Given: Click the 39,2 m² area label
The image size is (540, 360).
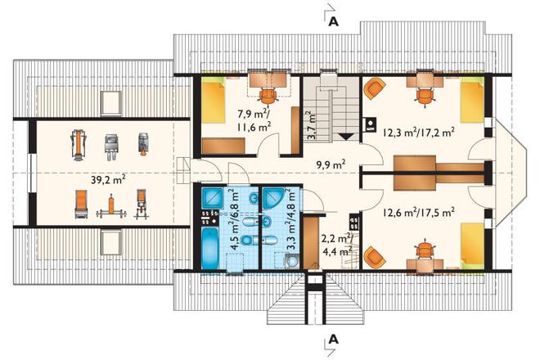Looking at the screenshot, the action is (108, 179).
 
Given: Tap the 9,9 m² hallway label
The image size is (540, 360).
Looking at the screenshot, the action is (331, 164).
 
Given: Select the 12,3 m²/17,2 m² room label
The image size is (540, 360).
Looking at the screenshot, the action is (418, 132).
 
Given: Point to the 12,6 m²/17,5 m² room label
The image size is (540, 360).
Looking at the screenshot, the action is (418, 212).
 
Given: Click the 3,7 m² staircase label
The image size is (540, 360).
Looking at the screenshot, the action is (311, 125).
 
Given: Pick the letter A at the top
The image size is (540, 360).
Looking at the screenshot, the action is (333, 21).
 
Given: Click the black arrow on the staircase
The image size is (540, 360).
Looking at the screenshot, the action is (346, 137).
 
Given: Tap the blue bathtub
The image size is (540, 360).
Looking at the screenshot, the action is (209, 248).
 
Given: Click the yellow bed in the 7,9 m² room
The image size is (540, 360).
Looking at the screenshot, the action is (214, 101).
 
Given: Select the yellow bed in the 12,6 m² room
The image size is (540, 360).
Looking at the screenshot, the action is (473, 245).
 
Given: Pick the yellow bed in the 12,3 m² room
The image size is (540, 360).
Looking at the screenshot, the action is (473, 100).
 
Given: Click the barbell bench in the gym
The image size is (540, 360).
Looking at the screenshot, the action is (111, 207).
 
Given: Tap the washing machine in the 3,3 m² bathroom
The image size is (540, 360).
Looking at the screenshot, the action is (292, 261).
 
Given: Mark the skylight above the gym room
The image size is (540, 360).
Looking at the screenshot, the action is (111, 104).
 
